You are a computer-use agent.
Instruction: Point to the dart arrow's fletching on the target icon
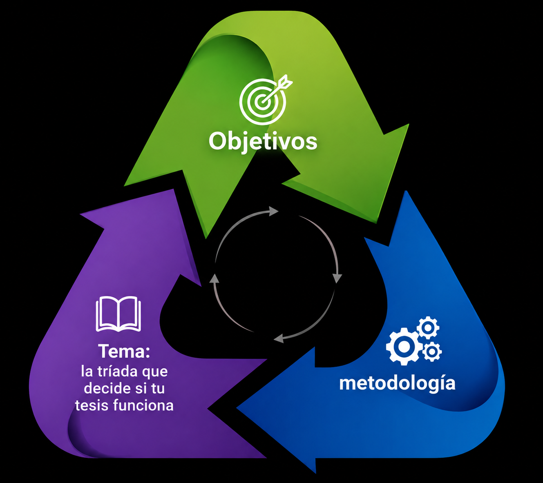click(x=286, y=81)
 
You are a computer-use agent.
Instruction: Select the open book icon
click(x=118, y=314)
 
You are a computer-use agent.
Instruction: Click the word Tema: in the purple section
click(x=124, y=351)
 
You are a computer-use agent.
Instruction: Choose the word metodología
click(x=397, y=384)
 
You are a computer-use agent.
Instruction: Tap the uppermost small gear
click(x=428, y=327)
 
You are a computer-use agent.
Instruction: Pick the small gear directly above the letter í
click(x=431, y=352)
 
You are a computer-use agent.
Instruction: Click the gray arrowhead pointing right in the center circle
click(x=274, y=211)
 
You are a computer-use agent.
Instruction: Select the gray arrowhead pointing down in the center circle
click(x=337, y=278)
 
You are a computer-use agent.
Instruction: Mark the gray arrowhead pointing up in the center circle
click(x=214, y=278)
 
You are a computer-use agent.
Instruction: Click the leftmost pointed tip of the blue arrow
click(x=237, y=408)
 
